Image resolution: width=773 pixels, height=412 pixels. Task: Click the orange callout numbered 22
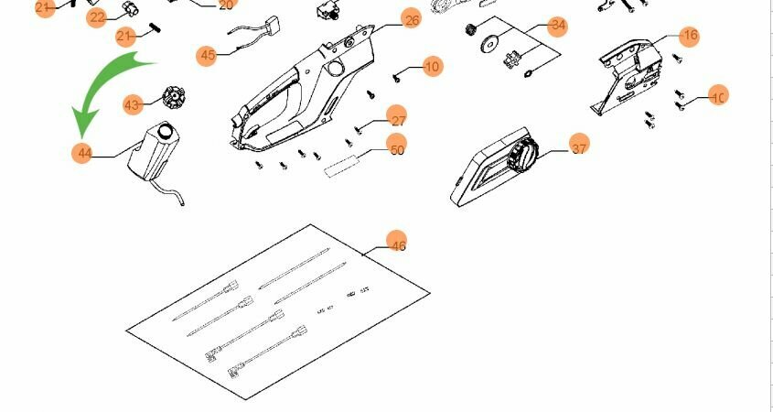(x=97, y=17)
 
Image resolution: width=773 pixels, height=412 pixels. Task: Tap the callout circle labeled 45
(x=208, y=55)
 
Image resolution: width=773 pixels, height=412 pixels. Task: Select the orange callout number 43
(x=133, y=104)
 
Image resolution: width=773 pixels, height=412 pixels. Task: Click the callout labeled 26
(x=411, y=19)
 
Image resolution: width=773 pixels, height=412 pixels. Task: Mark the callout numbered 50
(x=396, y=149)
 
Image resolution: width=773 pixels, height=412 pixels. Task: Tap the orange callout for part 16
(x=690, y=36)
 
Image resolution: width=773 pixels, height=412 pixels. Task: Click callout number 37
(x=579, y=145)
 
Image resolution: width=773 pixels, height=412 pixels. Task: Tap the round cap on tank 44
(x=166, y=131)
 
